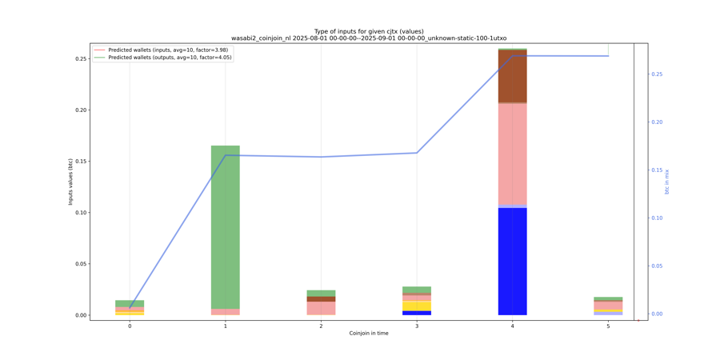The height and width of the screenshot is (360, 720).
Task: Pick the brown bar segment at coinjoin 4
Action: (x=512, y=76)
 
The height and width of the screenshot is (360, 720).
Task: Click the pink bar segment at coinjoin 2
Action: (x=321, y=308)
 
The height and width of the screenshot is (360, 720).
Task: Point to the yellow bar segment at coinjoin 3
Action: (x=416, y=306)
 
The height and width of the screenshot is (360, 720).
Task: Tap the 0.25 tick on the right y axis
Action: (x=657, y=74)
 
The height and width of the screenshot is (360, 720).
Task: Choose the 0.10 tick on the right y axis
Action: (x=657, y=218)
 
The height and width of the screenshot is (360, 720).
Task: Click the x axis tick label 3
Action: (x=416, y=326)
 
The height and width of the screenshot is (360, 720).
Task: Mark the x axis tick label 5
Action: (x=608, y=326)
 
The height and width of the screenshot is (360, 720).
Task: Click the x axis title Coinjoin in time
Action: (x=369, y=334)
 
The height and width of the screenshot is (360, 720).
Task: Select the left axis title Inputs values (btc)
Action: (x=70, y=182)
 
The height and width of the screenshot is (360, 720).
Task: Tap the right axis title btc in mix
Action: (x=667, y=182)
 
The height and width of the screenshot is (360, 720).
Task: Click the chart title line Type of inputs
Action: (x=369, y=31)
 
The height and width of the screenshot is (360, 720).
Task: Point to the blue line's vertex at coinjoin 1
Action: (x=226, y=155)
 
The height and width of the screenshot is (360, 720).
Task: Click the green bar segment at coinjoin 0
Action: (x=130, y=303)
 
